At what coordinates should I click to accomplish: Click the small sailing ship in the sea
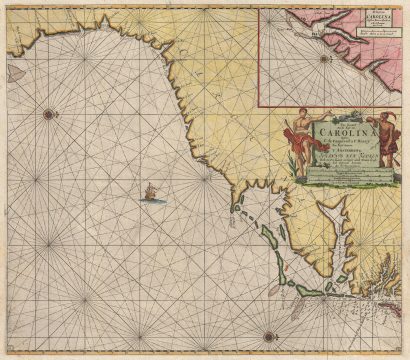tap(151, 191)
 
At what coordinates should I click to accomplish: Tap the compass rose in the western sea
tap(49, 114)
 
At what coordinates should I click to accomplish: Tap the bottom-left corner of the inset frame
tap(258, 105)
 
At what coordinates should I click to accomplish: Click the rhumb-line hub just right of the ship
tap(207, 182)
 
